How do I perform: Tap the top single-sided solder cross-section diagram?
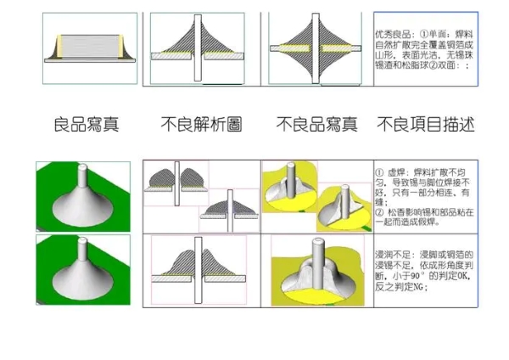tap(201, 48)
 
